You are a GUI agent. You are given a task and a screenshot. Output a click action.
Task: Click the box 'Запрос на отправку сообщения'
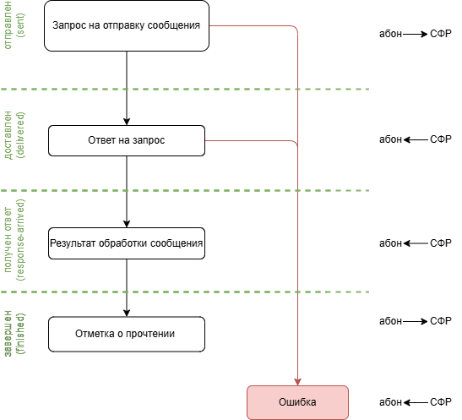[127, 25]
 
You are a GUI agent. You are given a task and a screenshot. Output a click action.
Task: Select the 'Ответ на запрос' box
[127, 140]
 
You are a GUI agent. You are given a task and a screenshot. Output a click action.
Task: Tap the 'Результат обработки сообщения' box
[127, 243]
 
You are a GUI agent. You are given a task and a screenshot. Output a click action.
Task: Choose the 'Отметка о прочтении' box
[127, 335]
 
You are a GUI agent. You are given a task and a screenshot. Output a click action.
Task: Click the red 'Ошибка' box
[297, 402]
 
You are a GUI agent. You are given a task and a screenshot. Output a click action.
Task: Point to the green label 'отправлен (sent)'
[14, 25]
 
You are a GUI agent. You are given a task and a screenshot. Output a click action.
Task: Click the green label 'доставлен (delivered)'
[14, 135]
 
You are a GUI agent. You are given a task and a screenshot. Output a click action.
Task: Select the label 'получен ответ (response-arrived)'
[14, 240]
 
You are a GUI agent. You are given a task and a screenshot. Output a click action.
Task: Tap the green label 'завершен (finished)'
[14, 333]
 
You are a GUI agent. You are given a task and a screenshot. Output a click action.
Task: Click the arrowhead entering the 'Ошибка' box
[297, 382]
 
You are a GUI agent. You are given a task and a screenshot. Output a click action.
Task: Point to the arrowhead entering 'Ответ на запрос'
[127, 122]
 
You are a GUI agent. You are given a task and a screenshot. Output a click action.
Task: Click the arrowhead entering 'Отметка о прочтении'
[127, 313]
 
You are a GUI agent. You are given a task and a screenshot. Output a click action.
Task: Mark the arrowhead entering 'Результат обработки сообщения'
[127, 224]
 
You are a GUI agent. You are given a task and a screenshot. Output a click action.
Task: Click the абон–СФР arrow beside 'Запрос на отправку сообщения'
[416, 34]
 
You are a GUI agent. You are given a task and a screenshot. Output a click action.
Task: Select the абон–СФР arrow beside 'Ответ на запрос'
[416, 139]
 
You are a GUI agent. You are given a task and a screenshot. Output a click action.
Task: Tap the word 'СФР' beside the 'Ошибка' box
[441, 402]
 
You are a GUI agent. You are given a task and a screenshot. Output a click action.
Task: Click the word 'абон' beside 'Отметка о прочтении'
[390, 321]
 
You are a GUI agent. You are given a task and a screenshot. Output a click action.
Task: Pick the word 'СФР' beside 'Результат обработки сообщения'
[441, 243]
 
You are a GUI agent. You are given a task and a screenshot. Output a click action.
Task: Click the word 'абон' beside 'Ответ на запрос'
[390, 139]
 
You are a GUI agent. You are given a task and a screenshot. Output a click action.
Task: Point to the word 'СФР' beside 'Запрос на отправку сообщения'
[441, 34]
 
